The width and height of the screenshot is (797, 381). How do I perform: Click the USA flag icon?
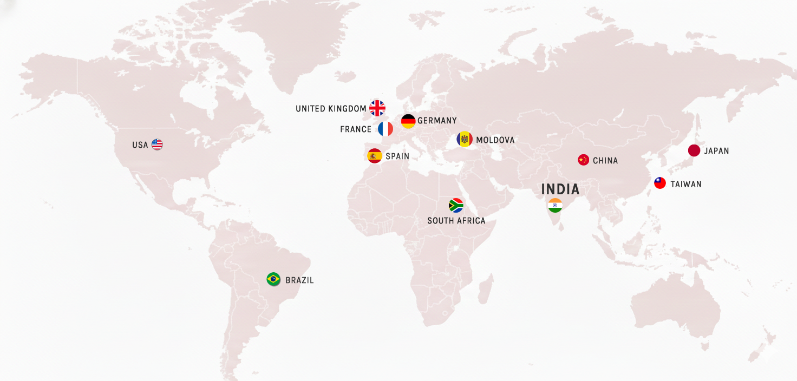(157, 144)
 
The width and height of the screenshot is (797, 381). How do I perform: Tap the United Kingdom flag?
(377, 108)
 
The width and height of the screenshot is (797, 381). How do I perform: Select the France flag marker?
(386, 129)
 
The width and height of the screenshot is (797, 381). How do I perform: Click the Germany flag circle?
(408, 121)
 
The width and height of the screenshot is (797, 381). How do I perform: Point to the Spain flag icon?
(375, 156)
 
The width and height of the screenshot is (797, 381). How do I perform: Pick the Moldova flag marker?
(465, 140)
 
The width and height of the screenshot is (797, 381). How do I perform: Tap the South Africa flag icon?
(456, 206)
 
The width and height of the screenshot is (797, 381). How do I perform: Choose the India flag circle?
(555, 206)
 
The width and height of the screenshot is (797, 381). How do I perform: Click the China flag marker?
(583, 160)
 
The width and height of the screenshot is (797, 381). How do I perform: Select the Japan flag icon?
(694, 150)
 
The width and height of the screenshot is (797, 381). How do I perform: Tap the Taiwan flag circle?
(660, 183)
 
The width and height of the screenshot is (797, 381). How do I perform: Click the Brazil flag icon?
(273, 279)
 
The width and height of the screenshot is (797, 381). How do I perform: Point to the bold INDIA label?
(560, 189)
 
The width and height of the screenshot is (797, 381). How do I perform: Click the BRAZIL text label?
(299, 280)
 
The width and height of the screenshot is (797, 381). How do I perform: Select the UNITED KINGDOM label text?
(331, 109)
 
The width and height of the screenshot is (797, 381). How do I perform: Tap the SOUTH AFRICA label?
(456, 221)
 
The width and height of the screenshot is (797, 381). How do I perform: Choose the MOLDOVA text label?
(495, 140)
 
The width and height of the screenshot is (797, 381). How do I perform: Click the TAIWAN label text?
(686, 184)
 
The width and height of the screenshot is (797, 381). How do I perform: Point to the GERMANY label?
(437, 121)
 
